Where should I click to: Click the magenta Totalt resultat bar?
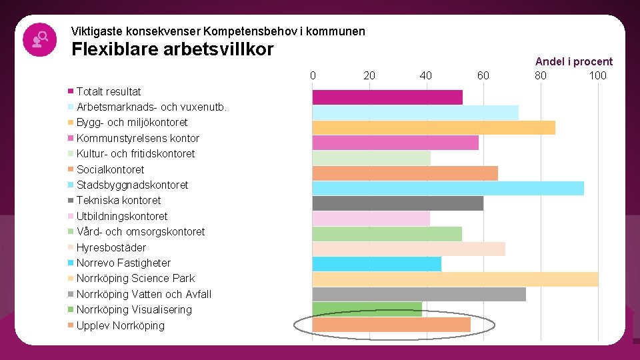(x=387, y=97)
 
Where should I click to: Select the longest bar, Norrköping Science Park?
(x=455, y=279)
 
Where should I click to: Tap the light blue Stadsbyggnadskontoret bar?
(x=448, y=188)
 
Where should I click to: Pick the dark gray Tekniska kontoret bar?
(x=398, y=203)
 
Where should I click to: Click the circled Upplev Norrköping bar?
(x=391, y=325)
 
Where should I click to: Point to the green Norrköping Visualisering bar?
(x=367, y=309)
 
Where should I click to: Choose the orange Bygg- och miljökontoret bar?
(x=434, y=127)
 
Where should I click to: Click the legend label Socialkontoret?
(x=110, y=169)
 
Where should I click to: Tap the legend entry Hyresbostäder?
(x=111, y=247)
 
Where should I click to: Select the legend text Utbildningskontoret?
(x=122, y=216)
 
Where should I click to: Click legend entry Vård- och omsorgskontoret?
(x=141, y=231)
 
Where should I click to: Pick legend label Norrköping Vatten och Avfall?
(x=144, y=294)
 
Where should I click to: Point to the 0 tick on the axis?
(x=313, y=75)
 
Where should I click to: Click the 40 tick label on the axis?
(x=426, y=75)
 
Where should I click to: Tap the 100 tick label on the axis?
(x=597, y=75)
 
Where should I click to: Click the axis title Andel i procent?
(x=573, y=61)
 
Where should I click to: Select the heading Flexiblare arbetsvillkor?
(x=172, y=49)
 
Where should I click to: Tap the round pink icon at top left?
(x=39, y=39)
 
